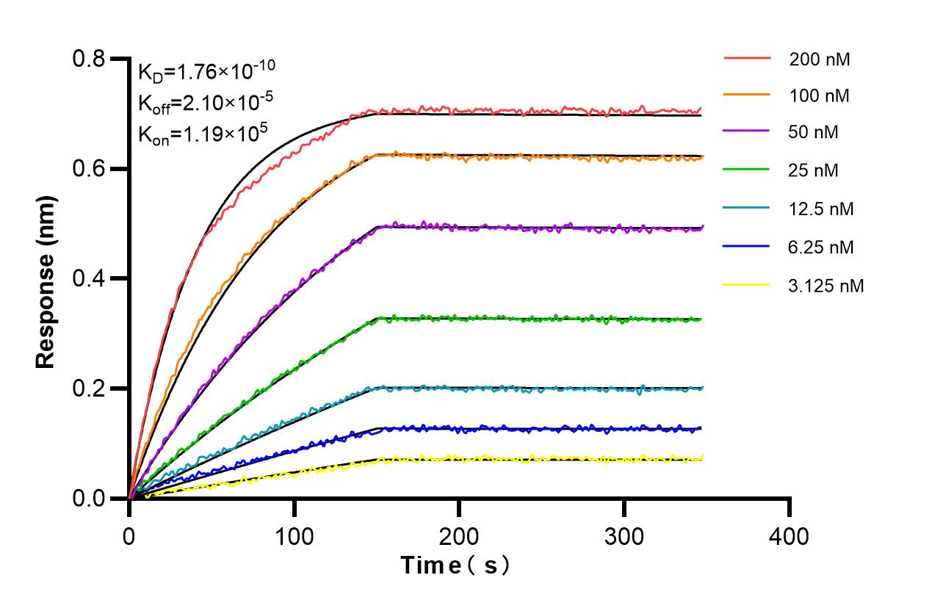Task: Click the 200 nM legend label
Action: coord(820,59)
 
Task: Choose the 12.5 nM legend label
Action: coord(822,209)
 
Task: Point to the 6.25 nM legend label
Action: coord(822,247)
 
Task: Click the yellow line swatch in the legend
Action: coord(747,285)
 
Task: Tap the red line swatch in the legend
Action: coord(747,58)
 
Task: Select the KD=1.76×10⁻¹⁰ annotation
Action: coord(206,71)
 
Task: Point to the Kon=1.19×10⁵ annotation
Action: coord(203,133)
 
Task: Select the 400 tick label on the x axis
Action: coord(790,537)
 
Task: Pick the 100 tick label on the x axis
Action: coord(295,537)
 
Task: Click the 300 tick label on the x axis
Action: coord(624,537)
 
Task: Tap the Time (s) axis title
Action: coord(455,565)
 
